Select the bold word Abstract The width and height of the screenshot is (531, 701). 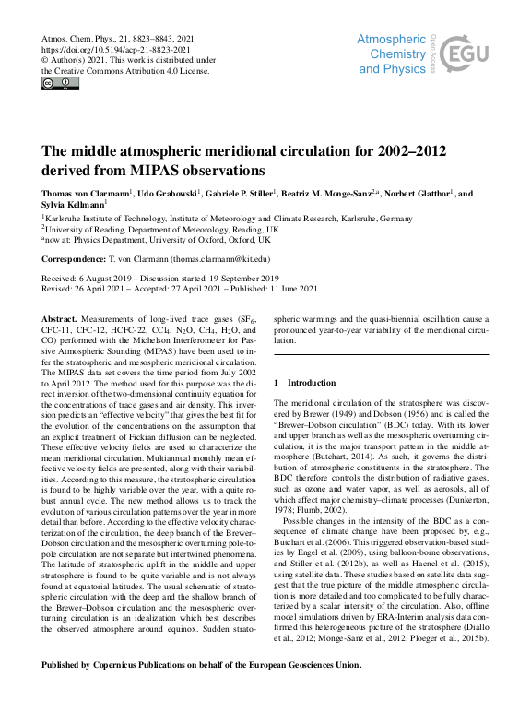pos(60,317)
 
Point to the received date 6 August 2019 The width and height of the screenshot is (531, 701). pos(112,278)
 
